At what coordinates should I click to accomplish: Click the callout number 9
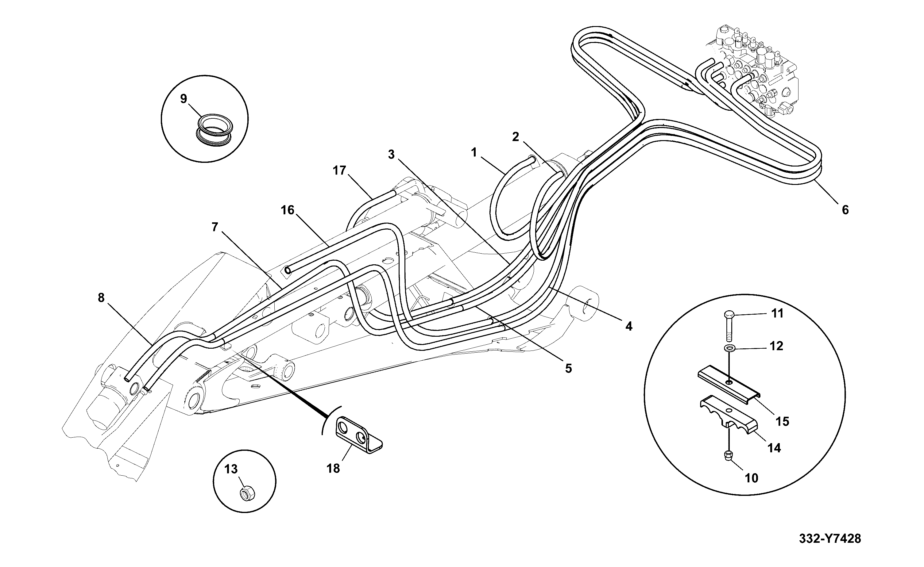(184, 99)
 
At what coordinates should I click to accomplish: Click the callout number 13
(231, 469)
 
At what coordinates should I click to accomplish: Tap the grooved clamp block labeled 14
(729, 420)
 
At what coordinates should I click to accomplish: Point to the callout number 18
(333, 468)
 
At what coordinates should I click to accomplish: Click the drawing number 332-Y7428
(830, 539)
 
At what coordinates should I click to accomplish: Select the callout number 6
(845, 210)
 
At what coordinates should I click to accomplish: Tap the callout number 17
(339, 170)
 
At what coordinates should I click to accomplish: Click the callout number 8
(101, 298)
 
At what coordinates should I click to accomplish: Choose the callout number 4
(629, 326)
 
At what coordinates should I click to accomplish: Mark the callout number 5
(568, 369)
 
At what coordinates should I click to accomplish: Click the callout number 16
(288, 210)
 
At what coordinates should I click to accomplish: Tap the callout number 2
(516, 137)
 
